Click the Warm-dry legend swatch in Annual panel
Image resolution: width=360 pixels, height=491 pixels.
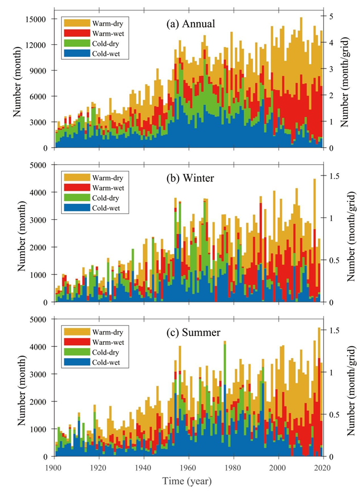point(75,22)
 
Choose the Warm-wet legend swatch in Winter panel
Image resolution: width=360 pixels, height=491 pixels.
point(75,189)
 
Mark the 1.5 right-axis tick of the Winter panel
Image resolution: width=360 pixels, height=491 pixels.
point(335,176)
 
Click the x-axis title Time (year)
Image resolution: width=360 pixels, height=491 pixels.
point(188,481)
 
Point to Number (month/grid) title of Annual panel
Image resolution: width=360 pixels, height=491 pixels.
point(351,81)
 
